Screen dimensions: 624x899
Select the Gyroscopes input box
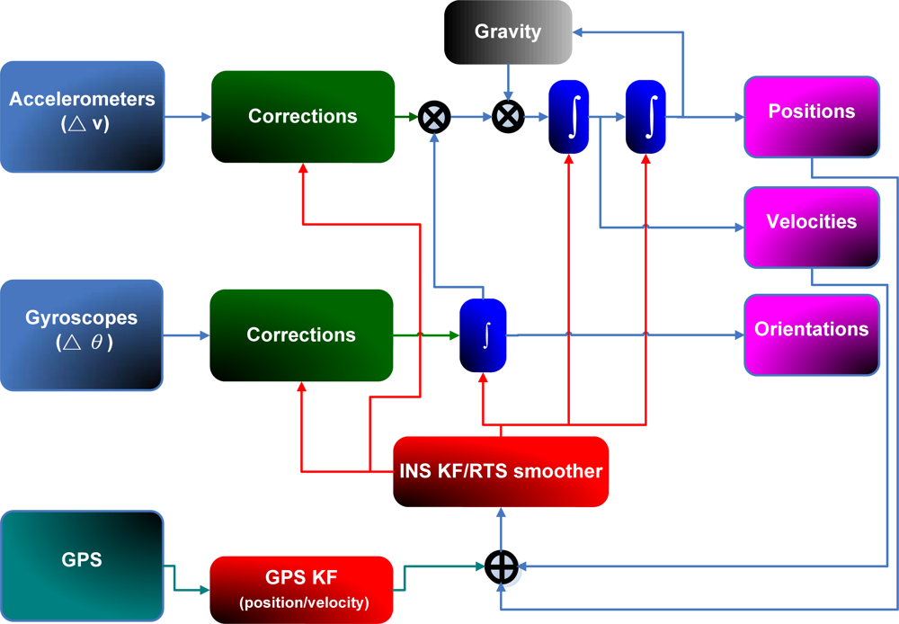(x=82, y=334)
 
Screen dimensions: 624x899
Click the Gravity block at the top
(x=508, y=32)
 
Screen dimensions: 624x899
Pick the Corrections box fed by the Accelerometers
(x=303, y=117)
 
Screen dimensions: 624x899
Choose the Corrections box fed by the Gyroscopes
(x=301, y=334)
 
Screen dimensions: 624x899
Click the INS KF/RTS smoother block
(x=501, y=471)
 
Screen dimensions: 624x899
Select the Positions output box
(x=811, y=112)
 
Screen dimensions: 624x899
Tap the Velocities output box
(x=811, y=222)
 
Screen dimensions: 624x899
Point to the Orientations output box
(x=811, y=329)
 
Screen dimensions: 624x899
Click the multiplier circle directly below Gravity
(x=508, y=117)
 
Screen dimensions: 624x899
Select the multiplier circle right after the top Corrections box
(x=434, y=117)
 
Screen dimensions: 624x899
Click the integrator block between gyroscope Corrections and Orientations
(x=484, y=335)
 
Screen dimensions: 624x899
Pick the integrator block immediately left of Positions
(x=645, y=117)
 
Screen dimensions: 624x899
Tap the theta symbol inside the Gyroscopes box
(x=96, y=343)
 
